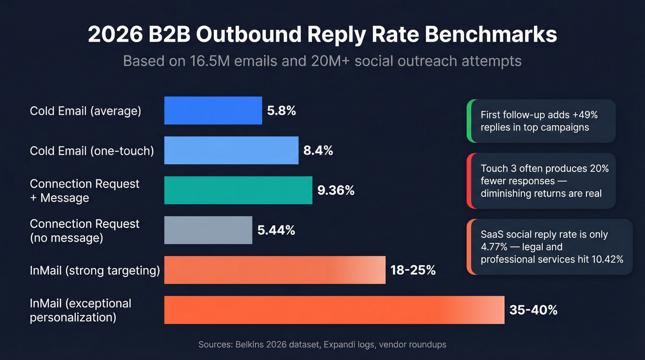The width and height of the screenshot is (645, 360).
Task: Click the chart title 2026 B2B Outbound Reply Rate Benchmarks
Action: [322, 35]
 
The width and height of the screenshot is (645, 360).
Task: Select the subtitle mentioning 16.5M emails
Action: [322, 61]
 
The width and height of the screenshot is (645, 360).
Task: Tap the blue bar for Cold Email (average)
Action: [213, 111]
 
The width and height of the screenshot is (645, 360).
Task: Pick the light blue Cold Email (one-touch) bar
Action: [231, 150]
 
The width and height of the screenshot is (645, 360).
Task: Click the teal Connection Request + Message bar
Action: [238, 190]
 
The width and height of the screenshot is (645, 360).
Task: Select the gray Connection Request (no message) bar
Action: [208, 230]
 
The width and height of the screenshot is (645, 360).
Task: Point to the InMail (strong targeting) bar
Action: [275, 270]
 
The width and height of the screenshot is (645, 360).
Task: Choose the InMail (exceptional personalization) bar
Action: [334, 310]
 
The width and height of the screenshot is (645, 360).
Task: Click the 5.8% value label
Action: [281, 111]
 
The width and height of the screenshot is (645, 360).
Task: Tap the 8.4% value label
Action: [318, 151]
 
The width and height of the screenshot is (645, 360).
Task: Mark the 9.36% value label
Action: [336, 190]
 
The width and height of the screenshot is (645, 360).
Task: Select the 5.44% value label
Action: [276, 230]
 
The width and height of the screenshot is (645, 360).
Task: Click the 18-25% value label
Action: [413, 270]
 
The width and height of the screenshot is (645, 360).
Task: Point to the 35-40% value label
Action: [533, 310]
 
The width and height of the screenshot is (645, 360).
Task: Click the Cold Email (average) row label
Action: [86, 111]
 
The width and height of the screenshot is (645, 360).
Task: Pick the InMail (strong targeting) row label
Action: [95, 271]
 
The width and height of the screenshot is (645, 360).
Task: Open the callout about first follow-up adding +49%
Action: [541, 121]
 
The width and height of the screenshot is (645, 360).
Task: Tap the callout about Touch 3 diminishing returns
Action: [541, 181]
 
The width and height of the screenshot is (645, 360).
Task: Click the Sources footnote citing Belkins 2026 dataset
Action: [322, 344]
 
